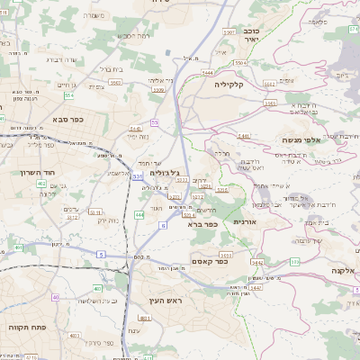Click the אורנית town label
point(246,220)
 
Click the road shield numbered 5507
point(229,31)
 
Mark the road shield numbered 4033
point(75,334)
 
